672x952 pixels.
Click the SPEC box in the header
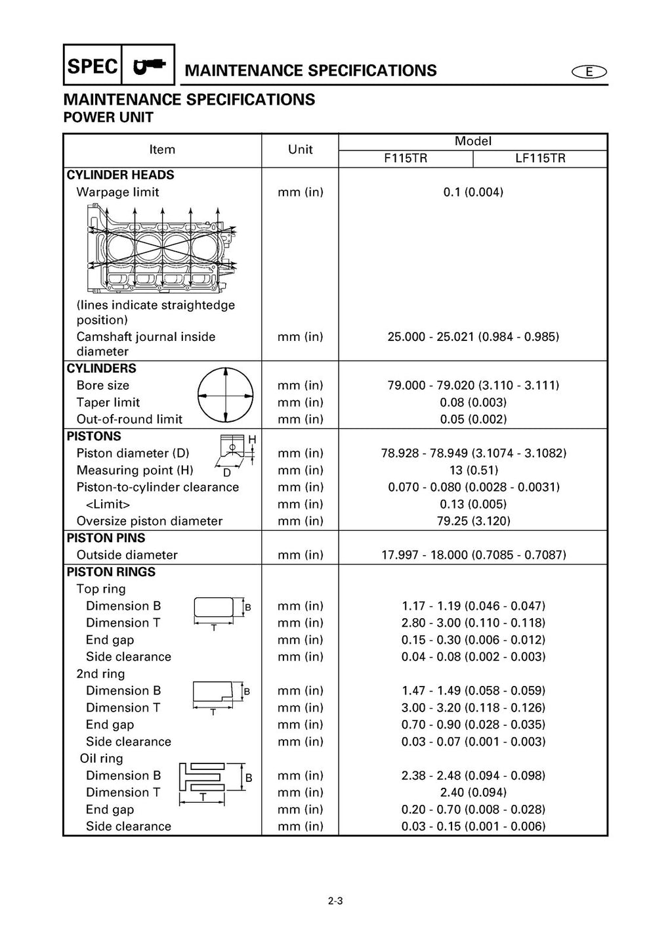pos(93,66)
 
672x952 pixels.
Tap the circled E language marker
pos(589,72)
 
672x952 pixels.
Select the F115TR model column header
pos(405,158)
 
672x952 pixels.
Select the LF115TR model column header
pos(540,158)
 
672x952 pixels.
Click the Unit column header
pos(300,150)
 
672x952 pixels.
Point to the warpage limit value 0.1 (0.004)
pos(472,193)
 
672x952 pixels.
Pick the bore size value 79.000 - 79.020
pos(472,386)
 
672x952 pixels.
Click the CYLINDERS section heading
pos(102,369)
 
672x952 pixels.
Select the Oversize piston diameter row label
pos(149,521)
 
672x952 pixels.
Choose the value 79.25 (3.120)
pos(472,521)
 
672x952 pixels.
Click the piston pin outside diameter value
pos(472,555)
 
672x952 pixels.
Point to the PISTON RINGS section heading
pos(111,572)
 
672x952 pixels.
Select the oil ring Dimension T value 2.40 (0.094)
pos(472,793)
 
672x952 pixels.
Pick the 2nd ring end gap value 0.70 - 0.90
pos(472,725)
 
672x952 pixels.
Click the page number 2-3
pos(335,901)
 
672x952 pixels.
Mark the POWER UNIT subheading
pos(108,118)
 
